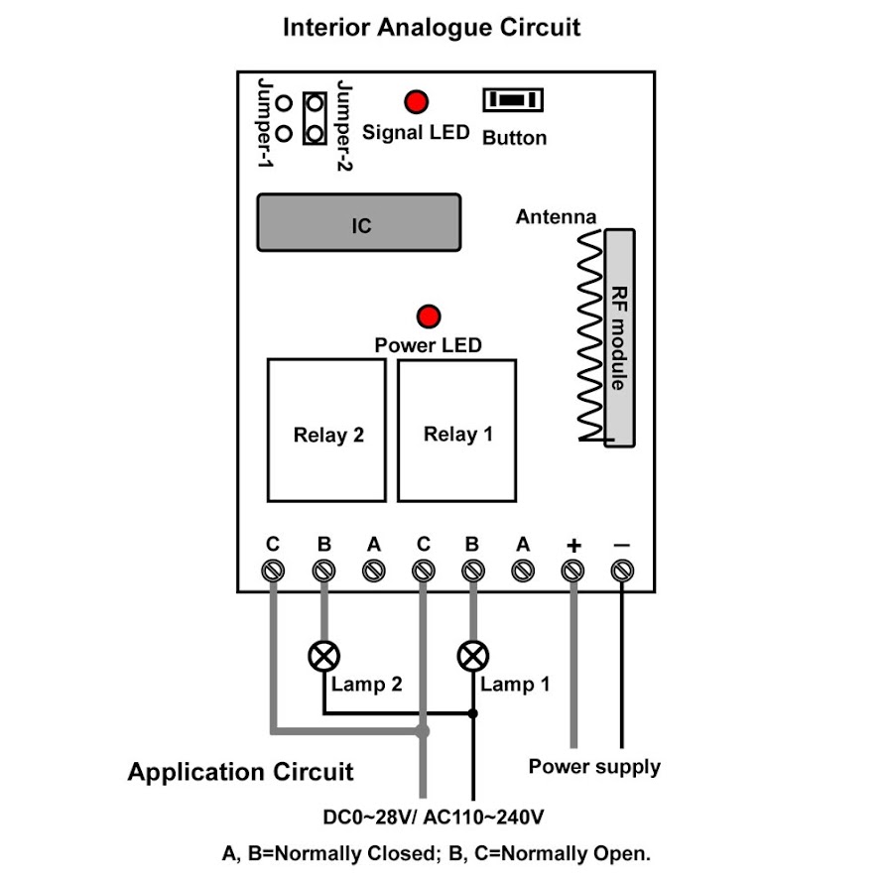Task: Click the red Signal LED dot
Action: click(x=416, y=101)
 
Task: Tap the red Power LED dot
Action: click(x=429, y=317)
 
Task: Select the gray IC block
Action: click(x=359, y=223)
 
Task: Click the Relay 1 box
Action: click(x=457, y=430)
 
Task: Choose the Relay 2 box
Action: click(x=327, y=430)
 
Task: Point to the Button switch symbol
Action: click(x=512, y=101)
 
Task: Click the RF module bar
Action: click(x=619, y=336)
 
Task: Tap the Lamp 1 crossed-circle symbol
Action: click(x=472, y=656)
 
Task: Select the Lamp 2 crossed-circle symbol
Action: click(x=323, y=656)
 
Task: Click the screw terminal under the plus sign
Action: click(x=572, y=570)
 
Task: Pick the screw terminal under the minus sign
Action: click(x=622, y=570)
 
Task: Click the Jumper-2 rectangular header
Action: click(x=316, y=117)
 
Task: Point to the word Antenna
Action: click(x=556, y=216)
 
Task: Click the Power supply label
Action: click(x=593, y=766)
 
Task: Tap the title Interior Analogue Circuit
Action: click(x=432, y=27)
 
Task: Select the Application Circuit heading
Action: click(x=240, y=772)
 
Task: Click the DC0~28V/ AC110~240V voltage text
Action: click(x=434, y=819)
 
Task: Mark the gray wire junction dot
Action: click(x=423, y=731)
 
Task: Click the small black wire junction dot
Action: click(x=473, y=713)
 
